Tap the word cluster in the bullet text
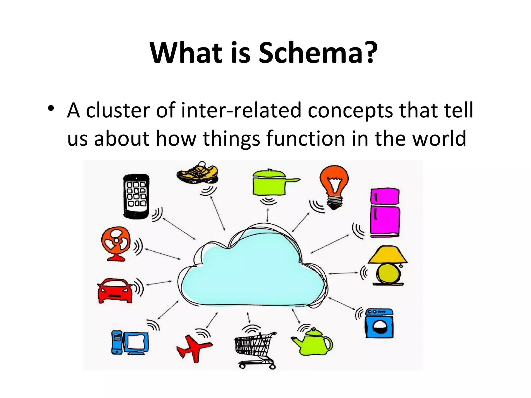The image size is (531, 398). click(x=118, y=110)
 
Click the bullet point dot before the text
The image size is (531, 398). click(x=51, y=108)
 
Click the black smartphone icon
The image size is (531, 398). click(x=136, y=196)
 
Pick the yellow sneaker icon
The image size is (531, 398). click(x=198, y=173)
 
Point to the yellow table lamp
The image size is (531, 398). click(x=388, y=266)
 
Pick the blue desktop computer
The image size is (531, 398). click(x=130, y=342)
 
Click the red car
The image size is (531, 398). click(x=115, y=290)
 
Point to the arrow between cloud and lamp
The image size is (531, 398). click(x=344, y=273)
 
